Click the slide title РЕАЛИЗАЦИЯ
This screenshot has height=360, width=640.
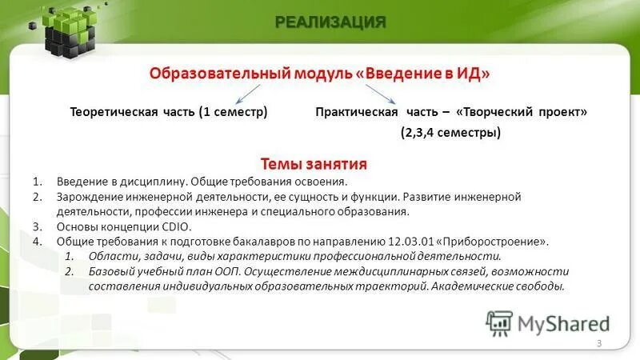click(x=331, y=22)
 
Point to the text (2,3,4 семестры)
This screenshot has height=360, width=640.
click(x=451, y=133)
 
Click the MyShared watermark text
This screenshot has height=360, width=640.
click(x=564, y=323)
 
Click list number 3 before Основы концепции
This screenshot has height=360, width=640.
click(x=38, y=226)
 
